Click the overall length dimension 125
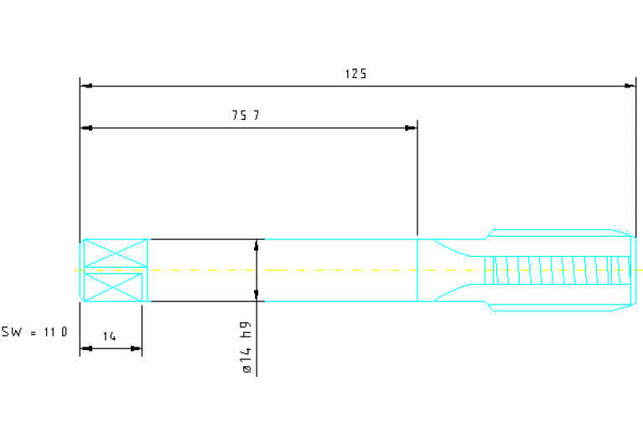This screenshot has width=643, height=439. (355, 74)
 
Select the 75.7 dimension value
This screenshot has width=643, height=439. (245, 116)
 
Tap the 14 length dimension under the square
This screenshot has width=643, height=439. (109, 337)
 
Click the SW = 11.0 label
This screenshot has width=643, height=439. (34, 332)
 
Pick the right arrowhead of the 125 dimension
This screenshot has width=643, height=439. (630, 86)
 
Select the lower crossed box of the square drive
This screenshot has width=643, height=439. (114, 287)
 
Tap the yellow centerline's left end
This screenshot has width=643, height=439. (76, 270)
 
